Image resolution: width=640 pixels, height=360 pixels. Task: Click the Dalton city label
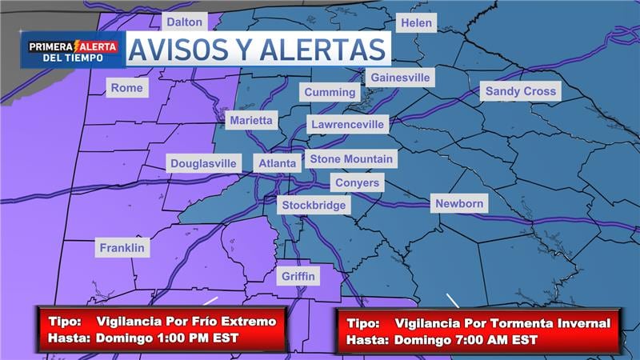click(x=185, y=22)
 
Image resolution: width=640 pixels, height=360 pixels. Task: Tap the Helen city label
click(x=416, y=23)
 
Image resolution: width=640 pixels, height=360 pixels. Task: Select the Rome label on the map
click(x=127, y=88)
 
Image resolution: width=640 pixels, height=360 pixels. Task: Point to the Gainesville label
click(x=400, y=78)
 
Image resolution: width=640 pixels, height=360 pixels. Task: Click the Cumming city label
click(x=330, y=92)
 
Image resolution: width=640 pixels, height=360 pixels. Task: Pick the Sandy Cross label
click(x=521, y=91)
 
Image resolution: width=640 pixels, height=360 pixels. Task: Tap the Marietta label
click(x=251, y=121)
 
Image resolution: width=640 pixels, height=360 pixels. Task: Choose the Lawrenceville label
click(x=349, y=125)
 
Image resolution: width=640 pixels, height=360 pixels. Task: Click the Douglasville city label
click(x=204, y=163)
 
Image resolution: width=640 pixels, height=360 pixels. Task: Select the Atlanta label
click(x=278, y=163)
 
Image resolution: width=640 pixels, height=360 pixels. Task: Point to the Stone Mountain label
click(x=351, y=158)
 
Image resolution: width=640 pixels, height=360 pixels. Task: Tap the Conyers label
click(x=357, y=183)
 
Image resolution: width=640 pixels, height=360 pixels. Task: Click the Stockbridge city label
click(x=315, y=205)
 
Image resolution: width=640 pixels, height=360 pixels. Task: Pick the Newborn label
click(x=459, y=203)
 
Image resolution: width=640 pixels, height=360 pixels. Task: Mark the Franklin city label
click(x=122, y=248)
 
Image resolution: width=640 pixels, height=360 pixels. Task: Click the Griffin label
click(x=299, y=277)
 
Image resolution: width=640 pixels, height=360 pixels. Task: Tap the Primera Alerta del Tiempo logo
click(x=73, y=50)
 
